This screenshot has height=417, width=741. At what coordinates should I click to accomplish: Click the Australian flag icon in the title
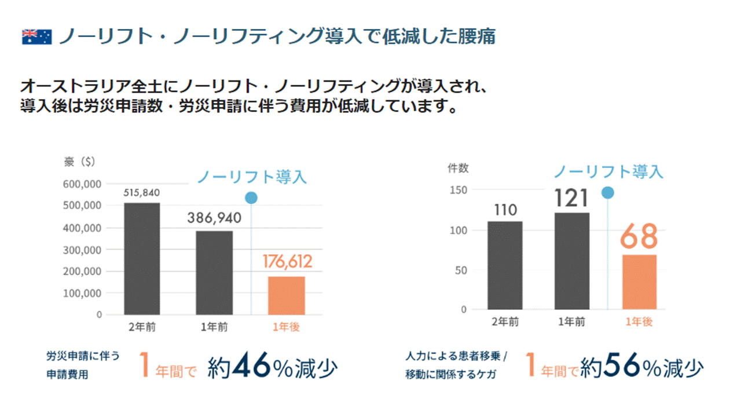36,36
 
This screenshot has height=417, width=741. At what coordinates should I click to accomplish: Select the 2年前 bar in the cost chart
142,258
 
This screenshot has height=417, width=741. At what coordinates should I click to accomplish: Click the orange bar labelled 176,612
286,295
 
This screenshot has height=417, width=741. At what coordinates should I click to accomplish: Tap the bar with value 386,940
214,273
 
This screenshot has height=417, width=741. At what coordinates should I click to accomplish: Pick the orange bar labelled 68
639,281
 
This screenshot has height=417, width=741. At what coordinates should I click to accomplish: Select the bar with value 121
572,261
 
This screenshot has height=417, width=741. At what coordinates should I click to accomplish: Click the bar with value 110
505,265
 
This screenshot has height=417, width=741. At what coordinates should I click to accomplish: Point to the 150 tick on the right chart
458,189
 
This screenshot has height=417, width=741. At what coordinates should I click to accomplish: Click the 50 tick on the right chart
460,270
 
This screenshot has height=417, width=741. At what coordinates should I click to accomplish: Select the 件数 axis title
458,168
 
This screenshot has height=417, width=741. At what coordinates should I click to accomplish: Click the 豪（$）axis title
79,163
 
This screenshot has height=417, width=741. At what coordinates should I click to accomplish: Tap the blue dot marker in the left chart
251,198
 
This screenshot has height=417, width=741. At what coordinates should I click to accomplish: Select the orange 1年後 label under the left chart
286,327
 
